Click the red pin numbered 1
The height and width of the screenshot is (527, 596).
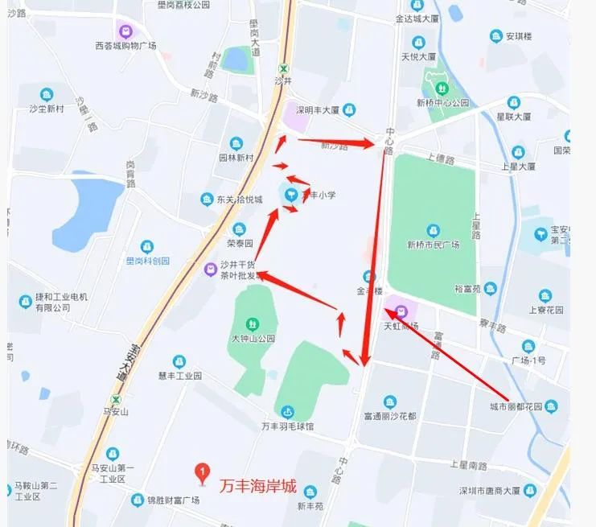(x=204, y=471)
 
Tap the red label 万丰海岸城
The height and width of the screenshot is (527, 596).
(x=258, y=486)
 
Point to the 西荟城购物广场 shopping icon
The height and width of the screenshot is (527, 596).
(x=125, y=31)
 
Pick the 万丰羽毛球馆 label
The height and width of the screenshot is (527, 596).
(x=287, y=426)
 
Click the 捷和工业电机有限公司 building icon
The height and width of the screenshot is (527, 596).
(x=25, y=303)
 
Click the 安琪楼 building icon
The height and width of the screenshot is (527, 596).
(x=496, y=36)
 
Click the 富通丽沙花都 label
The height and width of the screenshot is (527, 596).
(x=389, y=416)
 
